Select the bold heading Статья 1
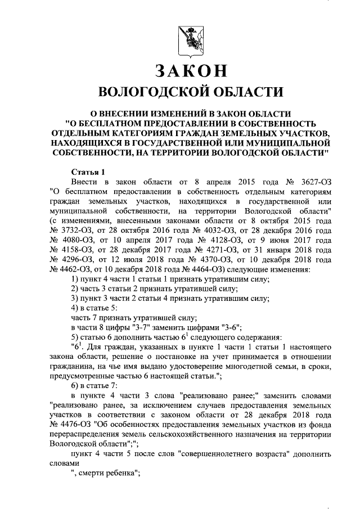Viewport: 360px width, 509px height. tap(88, 172)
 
